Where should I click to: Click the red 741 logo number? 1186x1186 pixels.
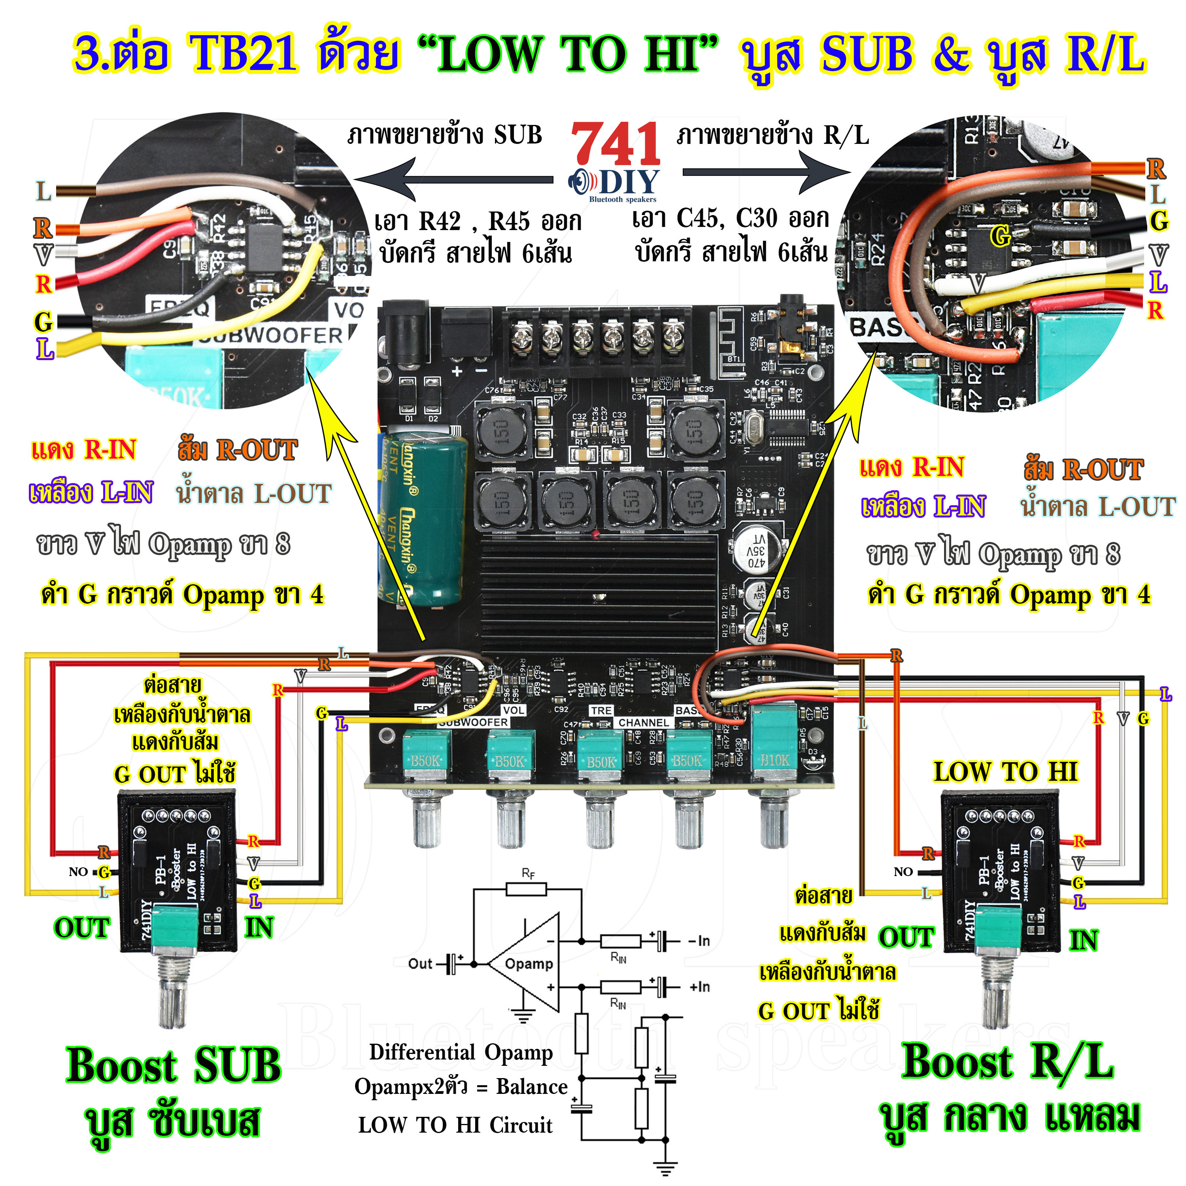[x=615, y=144]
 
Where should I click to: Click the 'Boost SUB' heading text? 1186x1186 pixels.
[x=174, y=1066]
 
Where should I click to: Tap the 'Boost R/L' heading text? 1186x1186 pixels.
[x=1007, y=1062]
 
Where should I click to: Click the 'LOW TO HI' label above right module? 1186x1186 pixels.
[x=1005, y=772]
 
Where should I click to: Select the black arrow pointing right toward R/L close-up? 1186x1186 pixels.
[x=767, y=172]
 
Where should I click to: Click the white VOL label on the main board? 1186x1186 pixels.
[x=513, y=710]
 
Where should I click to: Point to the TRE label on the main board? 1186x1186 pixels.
[x=601, y=710]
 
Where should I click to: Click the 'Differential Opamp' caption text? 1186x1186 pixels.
[x=461, y=1052]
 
